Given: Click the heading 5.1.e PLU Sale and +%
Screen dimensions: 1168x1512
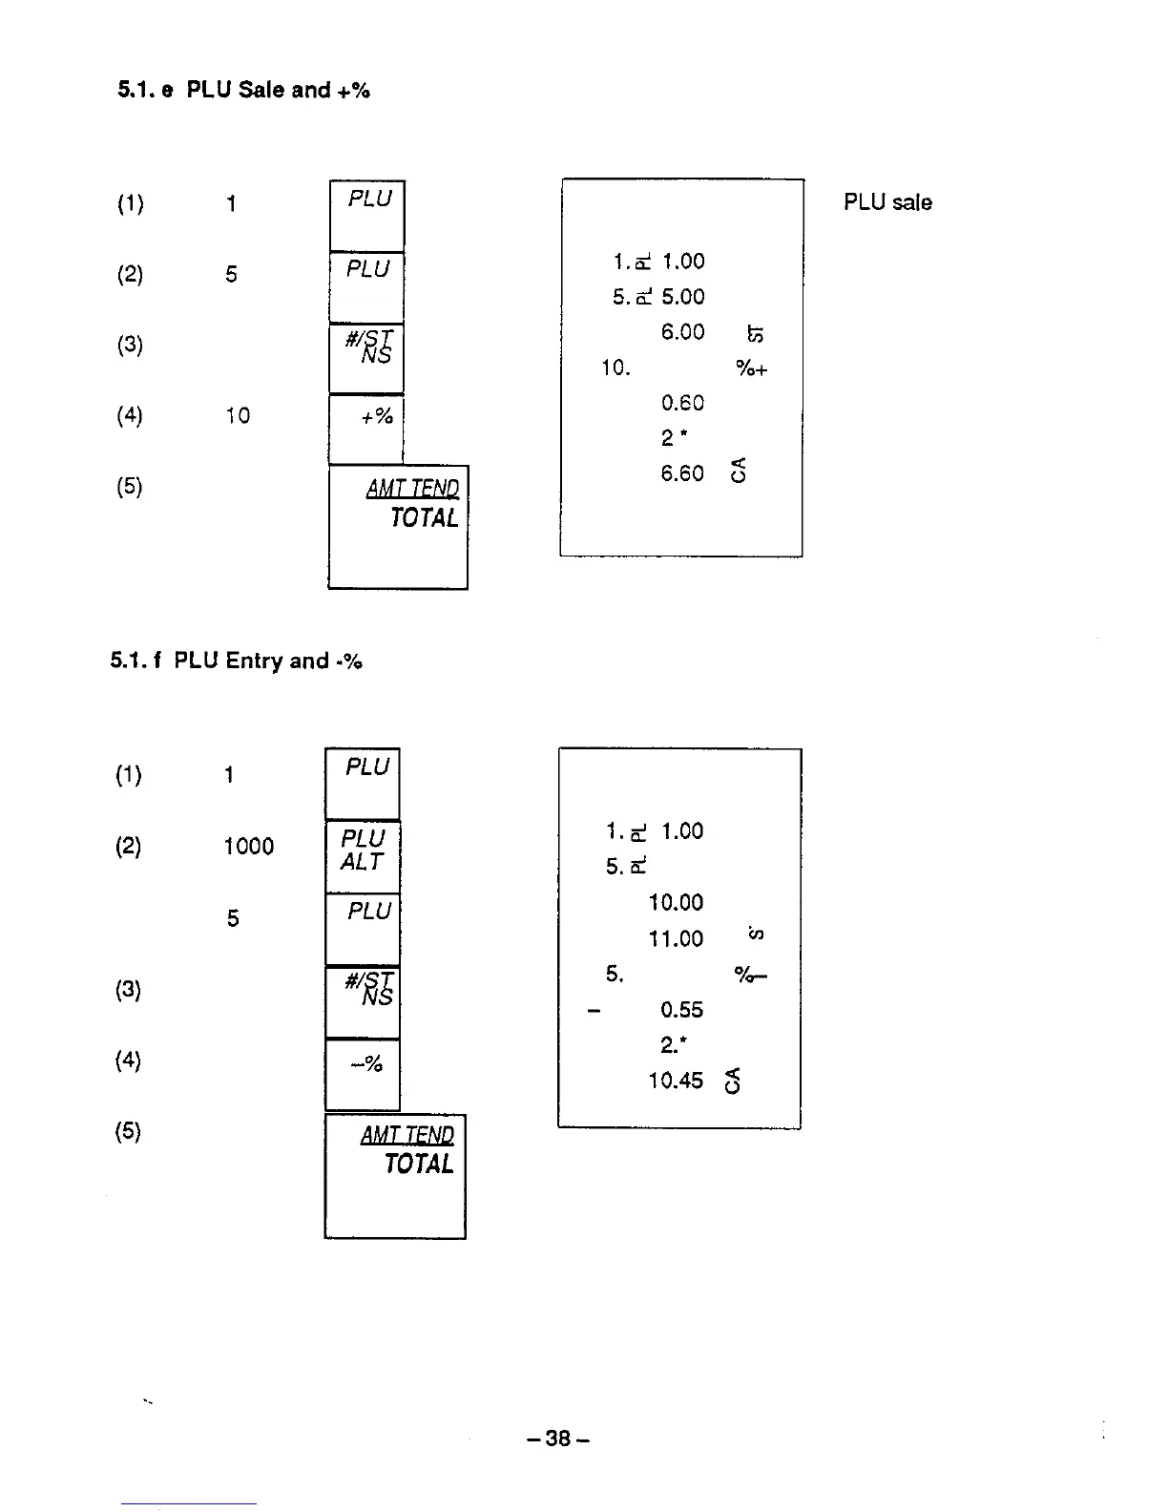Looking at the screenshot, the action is pyautogui.click(x=243, y=90).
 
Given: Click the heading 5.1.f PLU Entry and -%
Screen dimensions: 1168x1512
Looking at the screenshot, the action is pyautogui.click(x=236, y=661).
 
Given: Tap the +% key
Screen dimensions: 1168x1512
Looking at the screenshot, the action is pyautogui.click(x=366, y=430).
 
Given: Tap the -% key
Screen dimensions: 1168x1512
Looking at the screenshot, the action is pyautogui.click(x=363, y=1074).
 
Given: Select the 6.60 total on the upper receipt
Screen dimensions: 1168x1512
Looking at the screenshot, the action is pyautogui.click(x=682, y=473).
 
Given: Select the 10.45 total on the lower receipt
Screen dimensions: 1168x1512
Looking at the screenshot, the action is pyautogui.click(x=676, y=1081).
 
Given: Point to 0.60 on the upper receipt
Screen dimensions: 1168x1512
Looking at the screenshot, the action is pyautogui.click(x=682, y=403).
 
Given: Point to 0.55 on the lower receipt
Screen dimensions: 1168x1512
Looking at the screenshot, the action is pyautogui.click(x=681, y=1010).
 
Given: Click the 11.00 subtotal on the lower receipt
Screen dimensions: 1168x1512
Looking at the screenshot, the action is pyautogui.click(x=676, y=939).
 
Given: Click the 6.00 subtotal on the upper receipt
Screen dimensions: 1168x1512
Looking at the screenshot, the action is pyautogui.click(x=682, y=332).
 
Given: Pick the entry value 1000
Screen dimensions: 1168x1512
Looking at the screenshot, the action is pyautogui.click(x=248, y=847).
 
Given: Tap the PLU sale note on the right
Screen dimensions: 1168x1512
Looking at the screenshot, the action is pyautogui.click(x=887, y=202).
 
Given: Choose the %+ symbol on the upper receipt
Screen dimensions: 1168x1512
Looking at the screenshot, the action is pyautogui.click(x=752, y=368).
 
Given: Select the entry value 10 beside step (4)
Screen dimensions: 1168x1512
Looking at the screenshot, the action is pyautogui.click(x=238, y=415).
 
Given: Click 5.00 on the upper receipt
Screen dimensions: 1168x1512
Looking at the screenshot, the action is pyautogui.click(x=682, y=297).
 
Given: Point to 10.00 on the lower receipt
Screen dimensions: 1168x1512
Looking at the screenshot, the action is pyautogui.click(x=676, y=903).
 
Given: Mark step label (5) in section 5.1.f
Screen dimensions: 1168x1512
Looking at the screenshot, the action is pyautogui.click(x=129, y=1132).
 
